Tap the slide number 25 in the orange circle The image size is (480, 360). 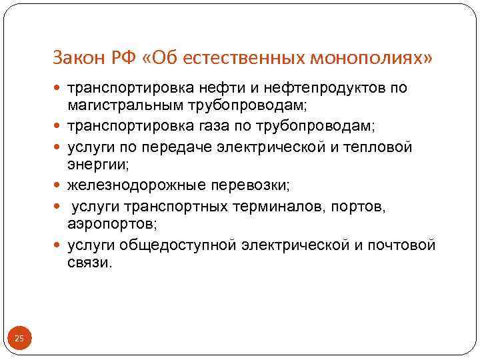pos(19,339)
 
